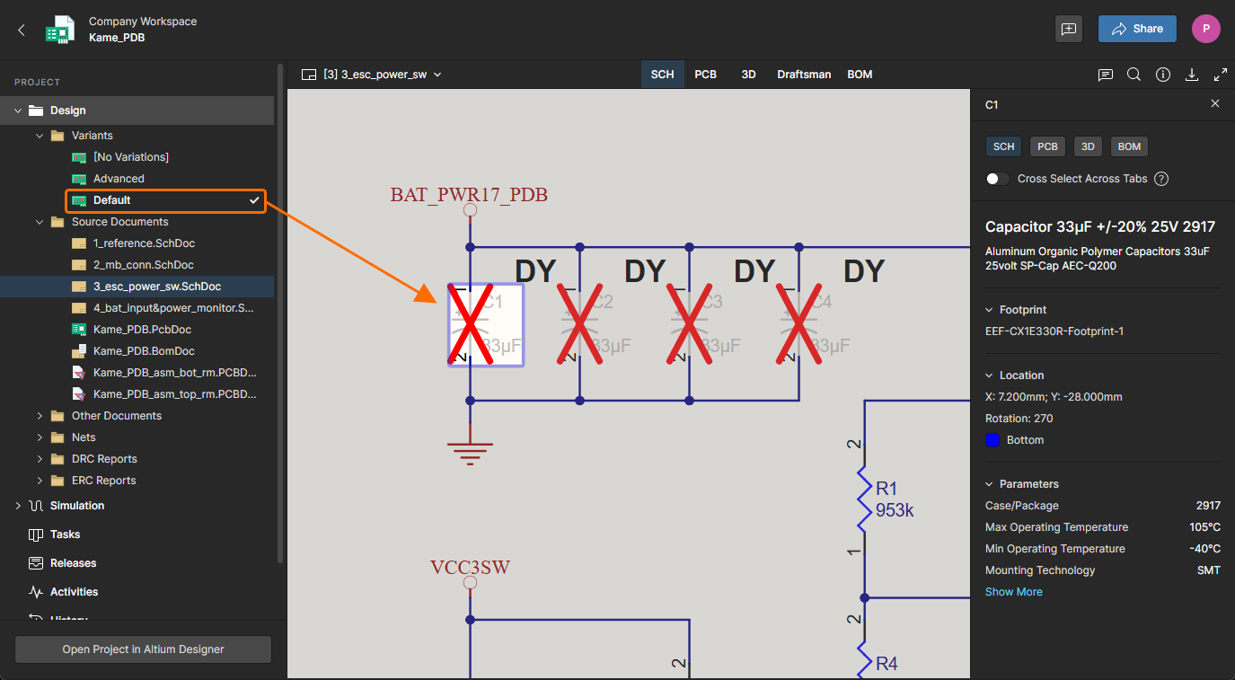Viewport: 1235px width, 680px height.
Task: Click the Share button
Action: (x=1136, y=29)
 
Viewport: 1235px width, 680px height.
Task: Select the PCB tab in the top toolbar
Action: (x=705, y=75)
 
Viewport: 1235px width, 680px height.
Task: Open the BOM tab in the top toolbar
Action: (x=860, y=75)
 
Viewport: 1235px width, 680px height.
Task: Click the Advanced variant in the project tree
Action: (x=119, y=179)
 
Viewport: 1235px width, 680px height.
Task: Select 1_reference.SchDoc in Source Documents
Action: (x=144, y=243)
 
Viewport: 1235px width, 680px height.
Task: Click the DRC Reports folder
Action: (x=104, y=459)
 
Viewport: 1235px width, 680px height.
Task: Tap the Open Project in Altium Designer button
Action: (x=143, y=649)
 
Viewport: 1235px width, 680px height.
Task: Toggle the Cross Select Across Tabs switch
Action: (x=997, y=179)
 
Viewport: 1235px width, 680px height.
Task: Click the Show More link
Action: (x=1013, y=592)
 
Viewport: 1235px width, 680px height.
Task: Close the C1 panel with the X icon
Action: (x=1215, y=104)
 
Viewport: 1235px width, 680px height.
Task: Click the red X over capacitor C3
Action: (x=689, y=324)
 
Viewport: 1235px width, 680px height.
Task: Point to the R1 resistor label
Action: (x=887, y=489)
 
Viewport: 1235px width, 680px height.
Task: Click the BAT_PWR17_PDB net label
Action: (x=469, y=195)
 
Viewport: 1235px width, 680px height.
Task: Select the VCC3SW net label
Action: (x=470, y=568)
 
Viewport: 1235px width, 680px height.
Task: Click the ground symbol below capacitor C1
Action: (x=470, y=448)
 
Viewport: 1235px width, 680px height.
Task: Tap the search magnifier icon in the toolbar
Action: (x=1134, y=75)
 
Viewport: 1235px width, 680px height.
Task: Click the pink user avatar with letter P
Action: (x=1205, y=29)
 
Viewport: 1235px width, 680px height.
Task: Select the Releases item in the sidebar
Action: (x=73, y=563)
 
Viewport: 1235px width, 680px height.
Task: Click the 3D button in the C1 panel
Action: (x=1087, y=146)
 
